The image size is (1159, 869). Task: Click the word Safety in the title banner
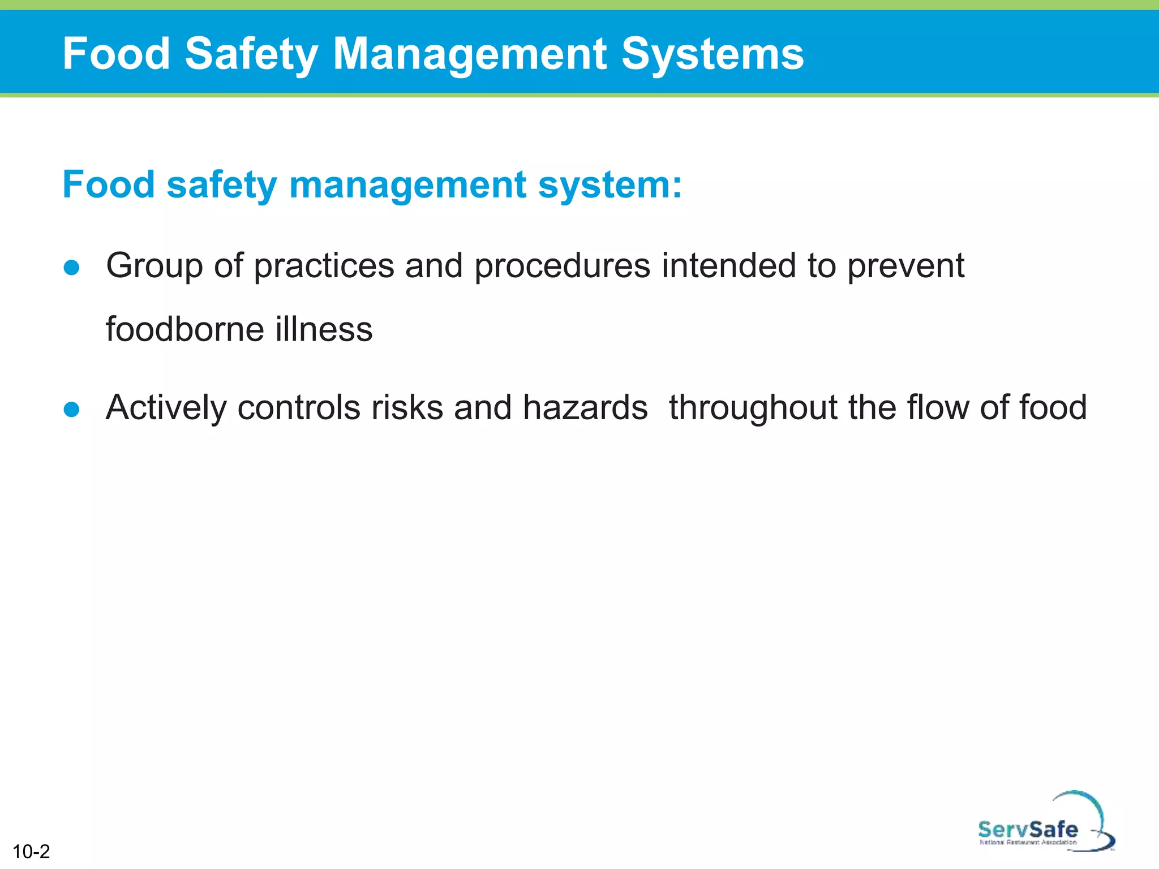pos(251,54)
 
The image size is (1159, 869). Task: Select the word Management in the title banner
pos(470,54)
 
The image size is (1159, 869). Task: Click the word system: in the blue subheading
pos(610,186)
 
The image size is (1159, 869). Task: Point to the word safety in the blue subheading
pos(221,186)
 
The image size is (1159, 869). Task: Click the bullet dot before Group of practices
pos(72,267)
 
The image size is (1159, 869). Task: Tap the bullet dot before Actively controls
pos(72,408)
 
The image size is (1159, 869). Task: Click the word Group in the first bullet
pos(154,266)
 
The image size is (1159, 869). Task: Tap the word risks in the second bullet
pos(407,407)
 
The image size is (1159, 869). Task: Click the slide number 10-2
pos(31,851)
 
